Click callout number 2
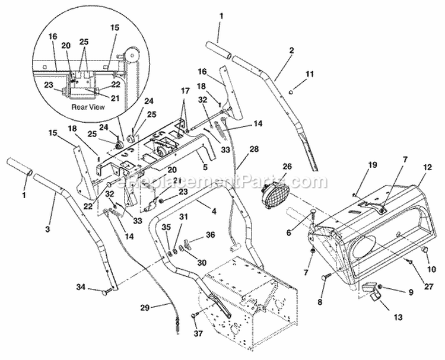[x=292, y=51]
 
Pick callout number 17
[x=186, y=91]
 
